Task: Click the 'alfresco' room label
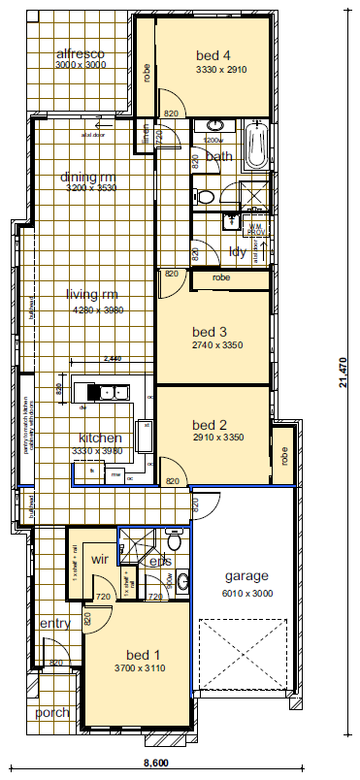(80, 52)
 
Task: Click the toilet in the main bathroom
(206, 197)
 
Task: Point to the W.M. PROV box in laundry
(256, 229)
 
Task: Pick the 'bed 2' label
(209, 425)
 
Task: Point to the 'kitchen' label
(99, 438)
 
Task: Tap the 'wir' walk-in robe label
(99, 560)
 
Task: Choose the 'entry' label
(55, 623)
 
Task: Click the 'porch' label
(52, 713)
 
